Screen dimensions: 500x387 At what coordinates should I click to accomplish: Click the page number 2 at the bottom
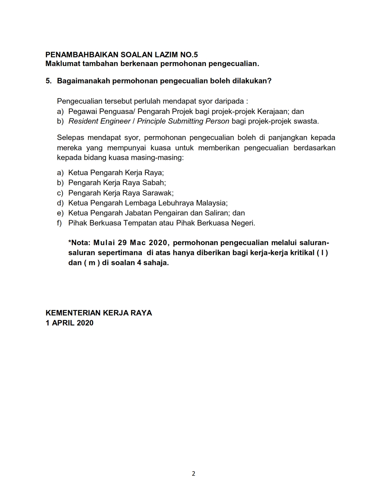194,474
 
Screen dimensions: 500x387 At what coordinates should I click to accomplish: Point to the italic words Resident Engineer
100,121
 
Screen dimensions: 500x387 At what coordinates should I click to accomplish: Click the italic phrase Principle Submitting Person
183,121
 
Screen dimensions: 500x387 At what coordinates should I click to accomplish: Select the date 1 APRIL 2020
70,323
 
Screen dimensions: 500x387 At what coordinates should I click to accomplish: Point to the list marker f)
59,223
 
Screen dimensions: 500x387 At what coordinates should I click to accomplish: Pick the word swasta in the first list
307,121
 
